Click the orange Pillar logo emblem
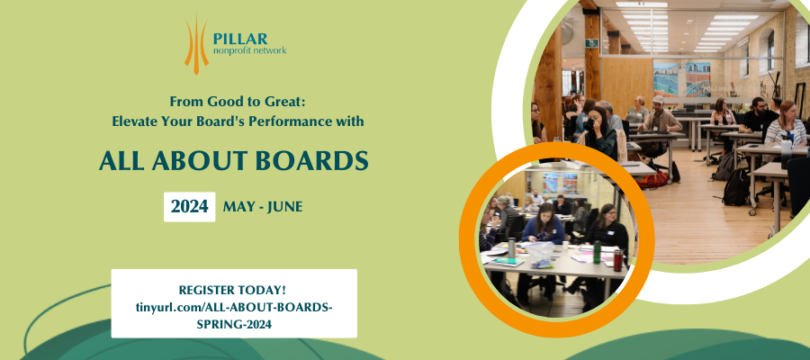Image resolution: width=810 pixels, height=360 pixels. pos(196,44)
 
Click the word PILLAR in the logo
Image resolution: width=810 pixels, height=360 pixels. pos(240,39)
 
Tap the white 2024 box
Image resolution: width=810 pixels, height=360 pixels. pos(190,207)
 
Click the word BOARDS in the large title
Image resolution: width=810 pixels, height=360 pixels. pos(311,161)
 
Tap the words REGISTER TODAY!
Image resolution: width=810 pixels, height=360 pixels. pos(232,290)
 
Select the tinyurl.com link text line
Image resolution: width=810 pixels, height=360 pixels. pos(234,307)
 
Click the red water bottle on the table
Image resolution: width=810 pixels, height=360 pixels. pos(617,260)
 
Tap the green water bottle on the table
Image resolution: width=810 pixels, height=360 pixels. pos(598,252)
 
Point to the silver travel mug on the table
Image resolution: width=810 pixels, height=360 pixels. pos(511,247)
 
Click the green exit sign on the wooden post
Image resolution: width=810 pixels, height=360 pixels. pos(593,43)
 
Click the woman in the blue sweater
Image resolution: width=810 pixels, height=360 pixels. pos(543,225)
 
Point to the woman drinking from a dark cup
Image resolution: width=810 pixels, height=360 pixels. pos(599,132)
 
